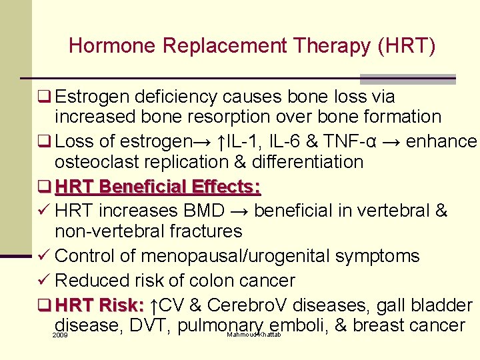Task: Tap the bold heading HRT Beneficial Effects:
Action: (158, 187)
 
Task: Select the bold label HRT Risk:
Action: (100, 305)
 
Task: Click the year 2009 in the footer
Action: (59, 335)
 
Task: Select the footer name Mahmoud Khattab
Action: (254, 334)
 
